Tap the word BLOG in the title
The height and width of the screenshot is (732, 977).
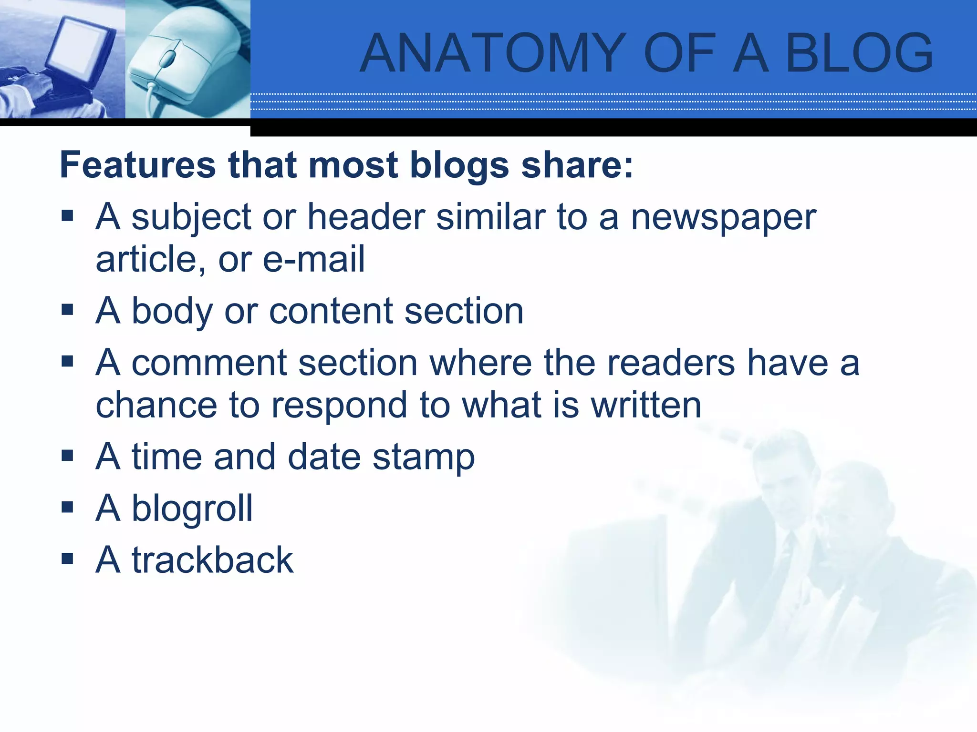(x=859, y=53)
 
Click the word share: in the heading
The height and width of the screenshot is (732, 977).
(x=577, y=165)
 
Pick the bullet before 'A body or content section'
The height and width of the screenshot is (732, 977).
(x=67, y=310)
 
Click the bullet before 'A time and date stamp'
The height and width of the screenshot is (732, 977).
(x=67, y=456)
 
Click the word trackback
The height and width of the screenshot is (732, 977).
(x=212, y=560)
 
